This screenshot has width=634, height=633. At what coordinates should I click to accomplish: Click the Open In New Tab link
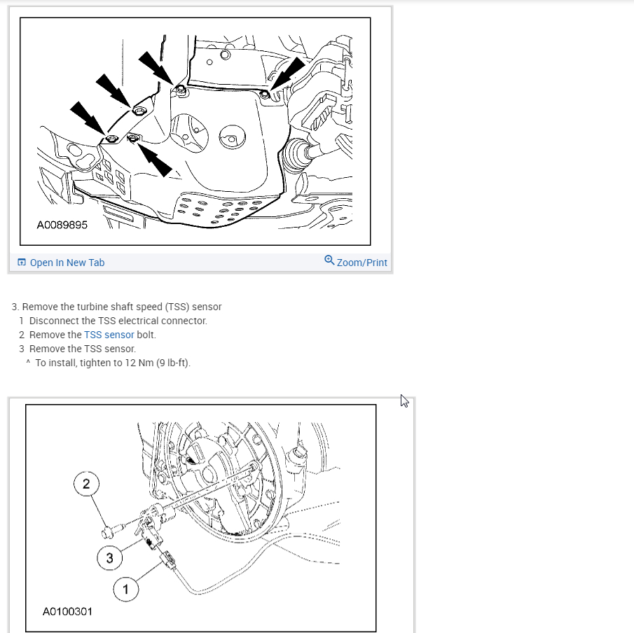tap(67, 263)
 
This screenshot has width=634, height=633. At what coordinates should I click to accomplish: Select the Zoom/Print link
tap(362, 263)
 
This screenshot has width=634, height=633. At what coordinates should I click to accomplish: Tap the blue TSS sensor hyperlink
tap(109, 335)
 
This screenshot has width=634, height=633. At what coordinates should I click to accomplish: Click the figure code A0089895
tap(62, 225)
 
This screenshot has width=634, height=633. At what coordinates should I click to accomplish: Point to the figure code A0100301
tap(67, 611)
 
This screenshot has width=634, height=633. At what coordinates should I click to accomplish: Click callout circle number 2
tap(86, 484)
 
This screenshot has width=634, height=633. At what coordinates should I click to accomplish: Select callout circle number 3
tap(109, 558)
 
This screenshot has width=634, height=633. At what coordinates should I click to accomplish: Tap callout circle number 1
tap(125, 590)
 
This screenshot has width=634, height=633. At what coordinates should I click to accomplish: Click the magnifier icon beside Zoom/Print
tap(329, 260)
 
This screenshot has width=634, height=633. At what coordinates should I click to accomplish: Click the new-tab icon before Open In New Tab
tap(22, 263)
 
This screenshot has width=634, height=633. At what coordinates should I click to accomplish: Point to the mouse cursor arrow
tap(404, 401)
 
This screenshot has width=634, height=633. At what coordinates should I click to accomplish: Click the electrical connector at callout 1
tap(169, 560)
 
